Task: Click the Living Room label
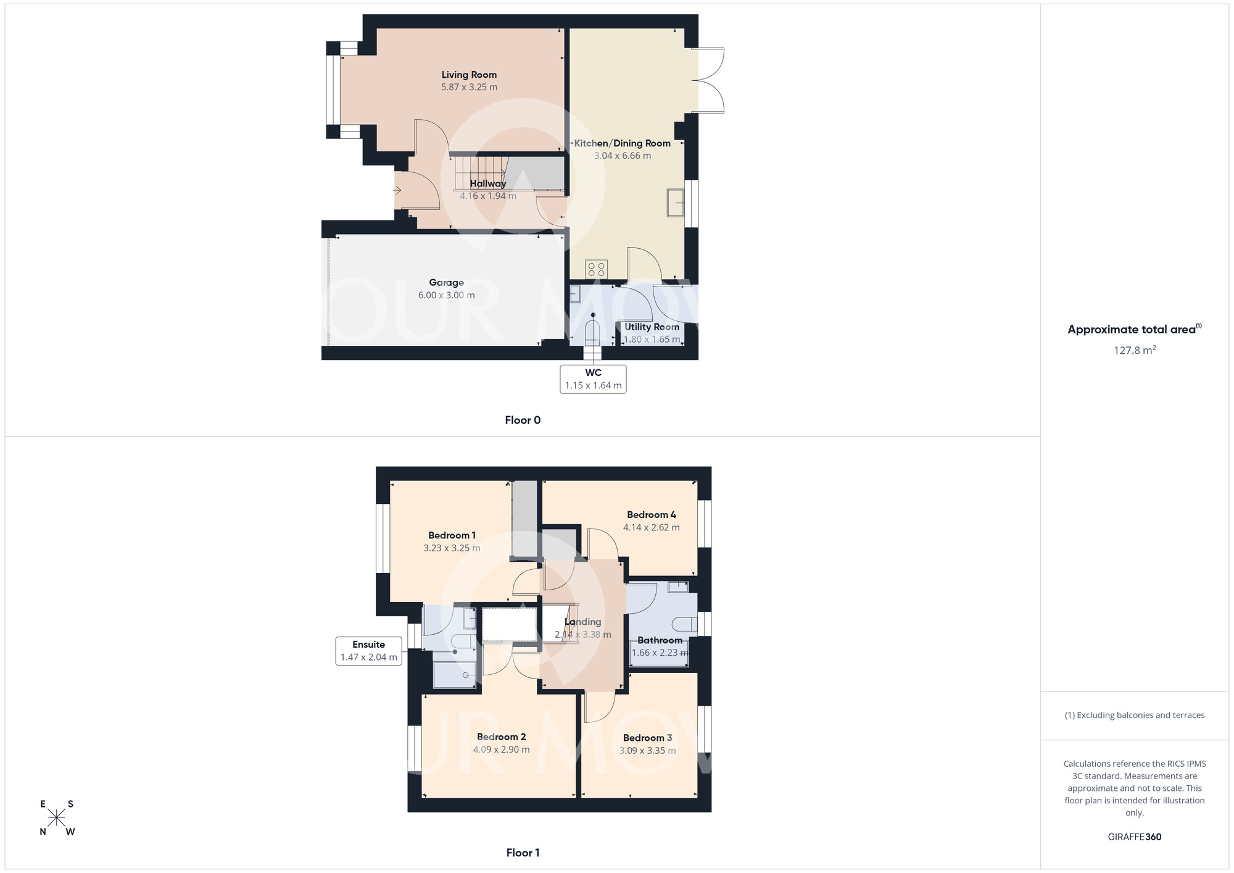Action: [x=469, y=75]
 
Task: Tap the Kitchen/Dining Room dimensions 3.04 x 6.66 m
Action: [x=622, y=156]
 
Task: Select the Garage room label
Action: [x=446, y=283]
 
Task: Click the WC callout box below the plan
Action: [x=593, y=379]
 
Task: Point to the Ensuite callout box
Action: [x=368, y=651]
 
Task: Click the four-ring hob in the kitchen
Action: [x=597, y=269]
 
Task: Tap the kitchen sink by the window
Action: [x=676, y=203]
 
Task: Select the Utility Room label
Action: [x=652, y=327]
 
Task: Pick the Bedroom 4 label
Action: [x=651, y=515]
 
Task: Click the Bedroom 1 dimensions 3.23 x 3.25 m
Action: [x=452, y=548]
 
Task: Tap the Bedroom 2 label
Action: [x=501, y=737]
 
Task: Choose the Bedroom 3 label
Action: [x=647, y=738]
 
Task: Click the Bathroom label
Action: [x=660, y=640]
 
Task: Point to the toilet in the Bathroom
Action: [x=684, y=624]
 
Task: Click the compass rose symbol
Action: [x=57, y=818]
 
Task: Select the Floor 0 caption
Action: [x=523, y=420]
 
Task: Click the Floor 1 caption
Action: [x=523, y=853]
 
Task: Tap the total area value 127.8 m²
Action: [x=1134, y=350]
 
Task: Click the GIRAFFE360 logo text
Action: [x=1134, y=837]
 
